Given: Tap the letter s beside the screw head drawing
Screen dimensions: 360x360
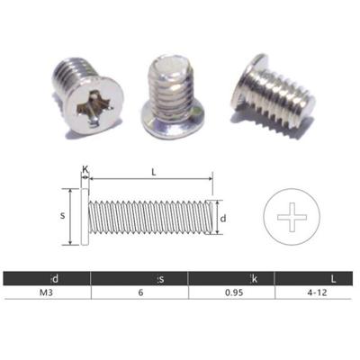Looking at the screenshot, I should (x=61, y=216).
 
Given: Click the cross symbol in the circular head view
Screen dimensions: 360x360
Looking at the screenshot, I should (x=292, y=216).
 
